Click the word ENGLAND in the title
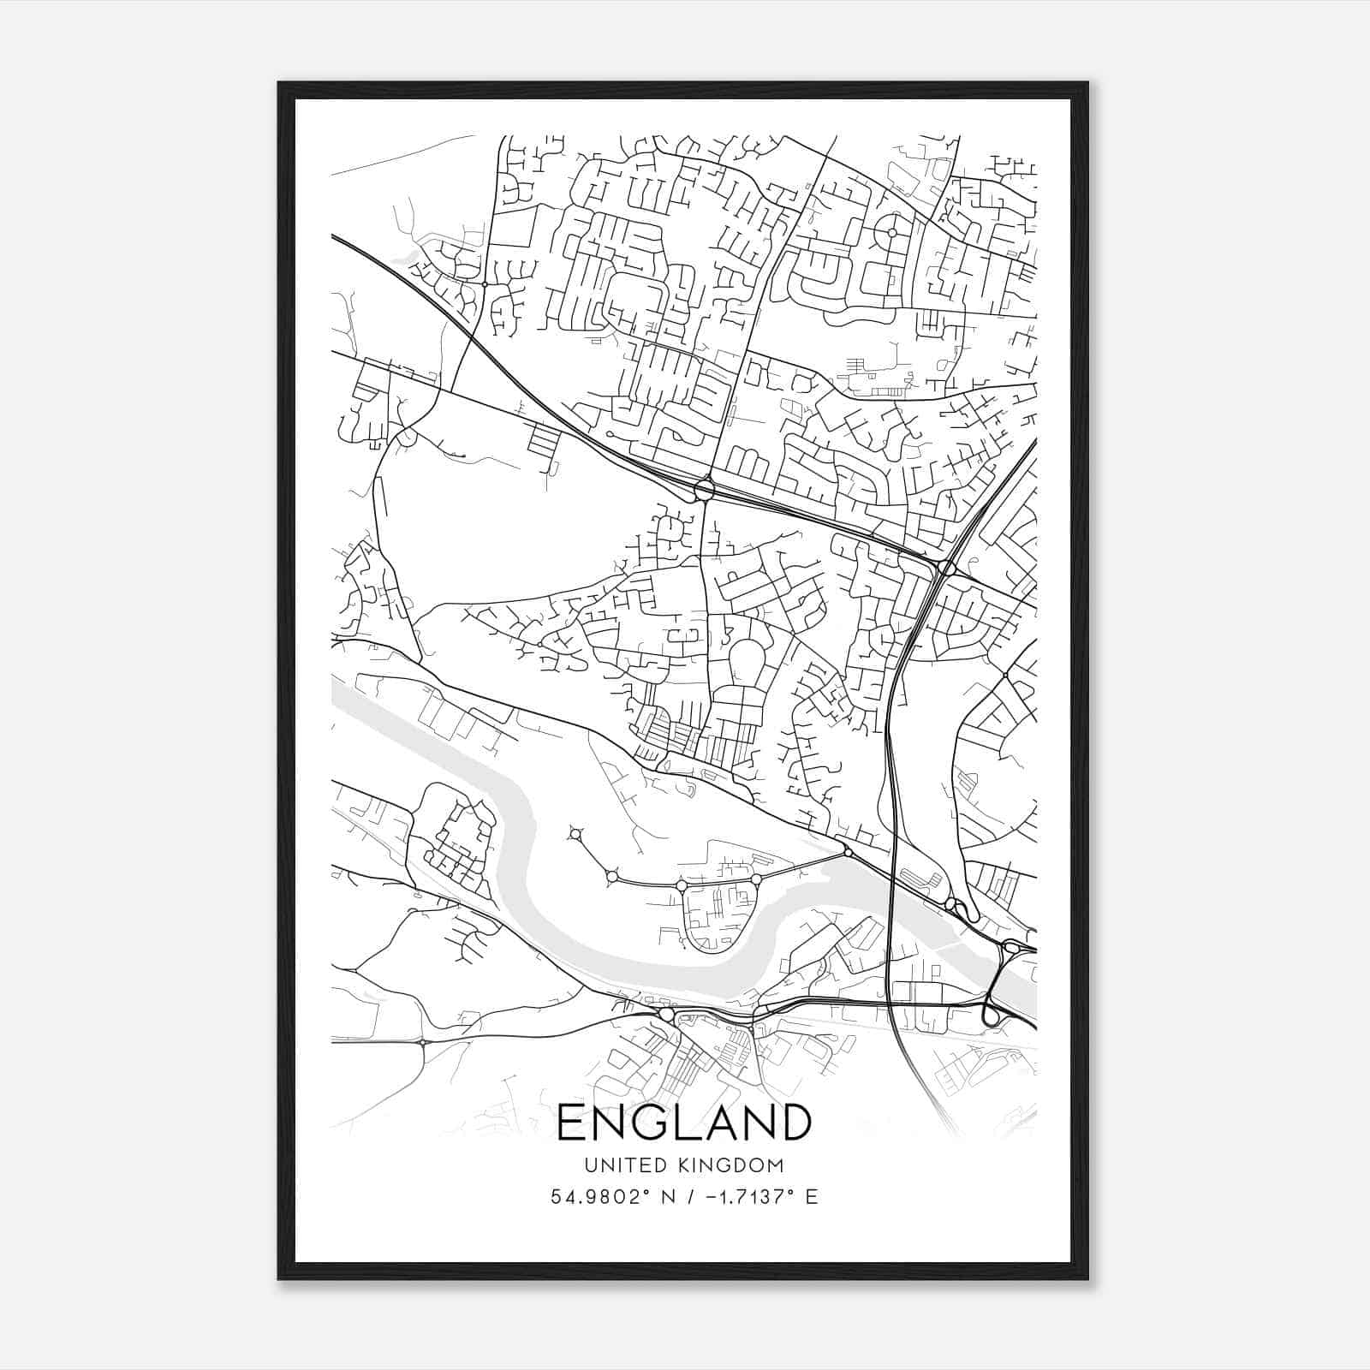[684, 1122]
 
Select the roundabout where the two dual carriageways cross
[947, 568]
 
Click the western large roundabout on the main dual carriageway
[705, 490]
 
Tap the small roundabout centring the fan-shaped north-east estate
[892, 232]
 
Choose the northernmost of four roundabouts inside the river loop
[575, 833]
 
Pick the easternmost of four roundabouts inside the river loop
[756, 879]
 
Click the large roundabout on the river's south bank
[667, 1015]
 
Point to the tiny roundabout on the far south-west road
[423, 1042]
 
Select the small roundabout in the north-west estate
[485, 283]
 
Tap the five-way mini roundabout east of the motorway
[1005, 676]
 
